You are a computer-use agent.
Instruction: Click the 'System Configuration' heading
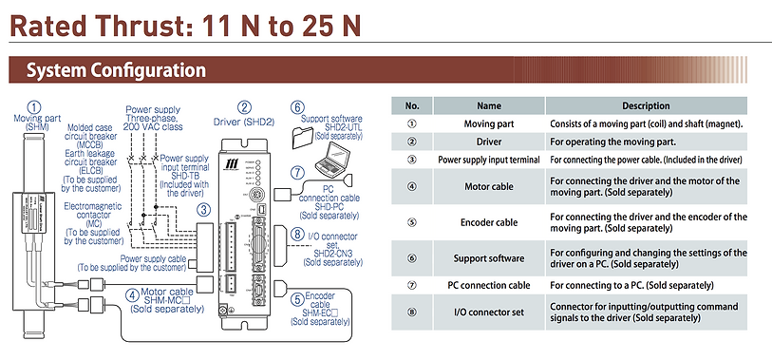click(x=116, y=70)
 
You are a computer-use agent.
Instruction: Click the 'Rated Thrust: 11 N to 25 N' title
click(x=185, y=26)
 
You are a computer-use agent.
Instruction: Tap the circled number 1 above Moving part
click(x=34, y=107)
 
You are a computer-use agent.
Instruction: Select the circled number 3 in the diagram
click(x=204, y=210)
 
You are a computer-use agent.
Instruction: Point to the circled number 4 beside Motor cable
click(x=132, y=295)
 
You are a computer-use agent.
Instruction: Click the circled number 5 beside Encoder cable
click(x=297, y=299)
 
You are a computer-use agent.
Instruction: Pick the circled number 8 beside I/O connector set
click(x=297, y=234)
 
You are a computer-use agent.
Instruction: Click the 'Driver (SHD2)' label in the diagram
click(x=244, y=122)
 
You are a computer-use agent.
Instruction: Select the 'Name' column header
click(x=489, y=105)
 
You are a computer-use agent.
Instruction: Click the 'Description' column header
click(x=646, y=105)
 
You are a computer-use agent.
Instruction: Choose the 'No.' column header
click(x=412, y=105)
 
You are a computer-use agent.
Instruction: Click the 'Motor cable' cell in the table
click(x=489, y=186)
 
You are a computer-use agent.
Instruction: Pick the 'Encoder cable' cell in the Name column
click(x=489, y=222)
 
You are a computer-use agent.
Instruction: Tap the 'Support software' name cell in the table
click(x=489, y=258)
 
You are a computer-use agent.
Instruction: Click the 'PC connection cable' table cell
click(x=489, y=285)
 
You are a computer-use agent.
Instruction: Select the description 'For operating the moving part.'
click(x=613, y=142)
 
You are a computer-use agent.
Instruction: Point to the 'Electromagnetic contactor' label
click(x=94, y=211)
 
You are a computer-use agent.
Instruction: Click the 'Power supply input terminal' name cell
click(x=489, y=160)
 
